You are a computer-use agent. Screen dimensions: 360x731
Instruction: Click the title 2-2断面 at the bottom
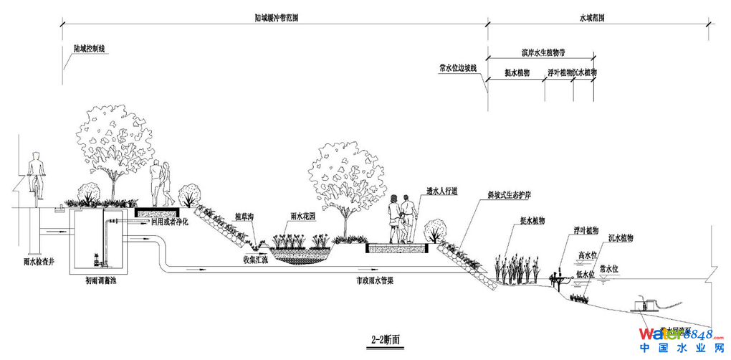[386, 338]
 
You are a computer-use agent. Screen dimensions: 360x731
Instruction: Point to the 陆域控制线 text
[90, 49]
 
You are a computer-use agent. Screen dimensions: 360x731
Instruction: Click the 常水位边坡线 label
[458, 69]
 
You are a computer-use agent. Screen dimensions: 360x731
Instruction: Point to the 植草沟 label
[244, 216]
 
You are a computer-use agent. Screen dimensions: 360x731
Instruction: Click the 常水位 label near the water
[609, 268]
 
